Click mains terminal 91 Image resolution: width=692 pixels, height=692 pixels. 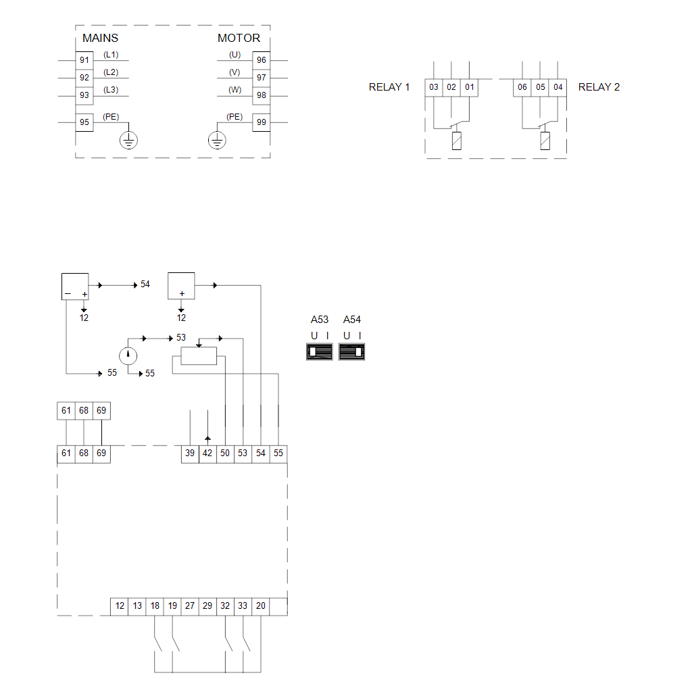pyautogui.click(x=84, y=60)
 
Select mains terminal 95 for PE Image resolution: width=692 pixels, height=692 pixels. pyautogui.click(x=84, y=122)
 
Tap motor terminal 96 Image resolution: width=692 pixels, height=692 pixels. pyautogui.click(x=261, y=60)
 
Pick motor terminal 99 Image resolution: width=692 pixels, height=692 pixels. pyautogui.click(x=261, y=122)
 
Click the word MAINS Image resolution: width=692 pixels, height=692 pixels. pyautogui.click(x=100, y=38)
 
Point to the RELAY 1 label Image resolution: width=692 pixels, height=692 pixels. pyautogui.click(x=389, y=87)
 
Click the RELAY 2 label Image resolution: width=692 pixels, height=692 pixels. pyautogui.click(x=599, y=87)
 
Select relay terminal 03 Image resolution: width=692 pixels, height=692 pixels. pyautogui.click(x=434, y=87)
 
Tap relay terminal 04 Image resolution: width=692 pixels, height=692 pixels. pyautogui.click(x=558, y=87)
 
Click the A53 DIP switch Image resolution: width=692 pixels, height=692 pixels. pyautogui.click(x=319, y=351)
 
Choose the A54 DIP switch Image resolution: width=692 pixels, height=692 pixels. pyautogui.click(x=351, y=351)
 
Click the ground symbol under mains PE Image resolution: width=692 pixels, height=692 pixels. pyautogui.click(x=129, y=140)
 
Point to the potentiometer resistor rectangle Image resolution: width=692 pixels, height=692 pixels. pyautogui.click(x=199, y=355)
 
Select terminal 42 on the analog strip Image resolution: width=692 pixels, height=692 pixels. pyautogui.click(x=207, y=453)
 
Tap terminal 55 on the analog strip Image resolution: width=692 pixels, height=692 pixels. pyautogui.click(x=278, y=453)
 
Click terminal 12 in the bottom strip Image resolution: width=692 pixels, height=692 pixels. pyautogui.click(x=120, y=606)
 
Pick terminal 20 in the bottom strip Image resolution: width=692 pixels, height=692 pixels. pyautogui.click(x=261, y=606)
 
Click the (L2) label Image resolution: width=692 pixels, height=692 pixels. pyautogui.click(x=111, y=72)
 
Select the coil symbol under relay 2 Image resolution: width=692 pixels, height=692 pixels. pyautogui.click(x=545, y=141)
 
